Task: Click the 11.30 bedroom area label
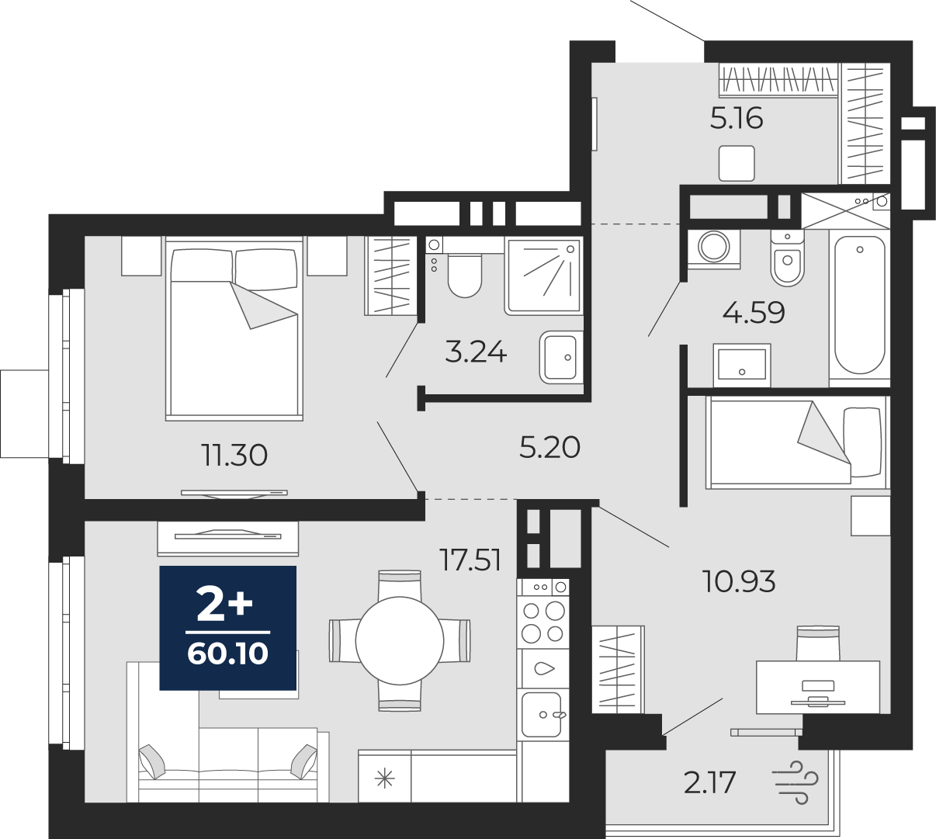[x=234, y=455]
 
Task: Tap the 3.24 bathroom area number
[x=476, y=352]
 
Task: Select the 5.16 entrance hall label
[x=737, y=119]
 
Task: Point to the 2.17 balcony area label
[x=709, y=783]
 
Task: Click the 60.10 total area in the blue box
[x=227, y=654]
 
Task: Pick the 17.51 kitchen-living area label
[x=471, y=560]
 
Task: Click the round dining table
[x=400, y=641]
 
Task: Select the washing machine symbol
[x=714, y=247]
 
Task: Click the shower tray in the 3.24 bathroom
[x=544, y=276]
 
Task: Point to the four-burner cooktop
[x=543, y=622]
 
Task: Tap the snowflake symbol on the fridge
[x=384, y=779]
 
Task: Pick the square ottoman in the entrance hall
[x=737, y=163]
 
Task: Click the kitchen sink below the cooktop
[x=543, y=715]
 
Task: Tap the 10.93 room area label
[x=738, y=581]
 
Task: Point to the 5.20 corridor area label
[x=549, y=447]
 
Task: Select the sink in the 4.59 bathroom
[x=742, y=365]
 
